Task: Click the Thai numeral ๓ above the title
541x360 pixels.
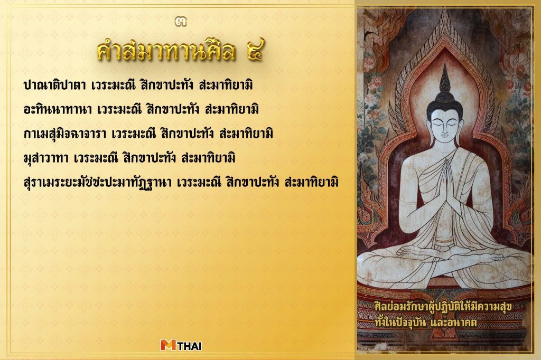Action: coord(181,22)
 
